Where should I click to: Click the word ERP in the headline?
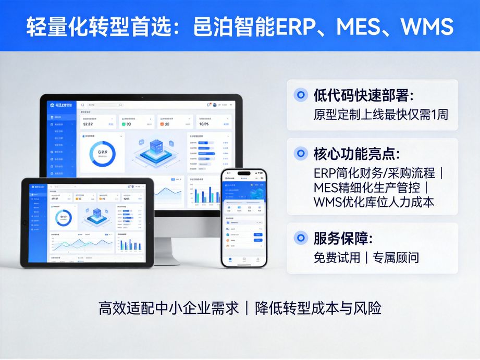(296, 26)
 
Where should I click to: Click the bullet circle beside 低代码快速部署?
(301, 95)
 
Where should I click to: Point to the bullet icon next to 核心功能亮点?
(301, 154)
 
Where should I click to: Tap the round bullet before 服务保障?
(301, 239)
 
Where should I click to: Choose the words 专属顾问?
(396, 257)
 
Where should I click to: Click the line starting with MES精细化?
(370, 187)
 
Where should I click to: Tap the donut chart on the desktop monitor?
(102, 153)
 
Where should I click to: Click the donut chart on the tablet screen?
(64, 217)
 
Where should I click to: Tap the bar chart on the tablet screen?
(128, 245)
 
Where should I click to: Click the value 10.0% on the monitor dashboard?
(204, 124)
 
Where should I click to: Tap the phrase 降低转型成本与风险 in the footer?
(318, 308)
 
